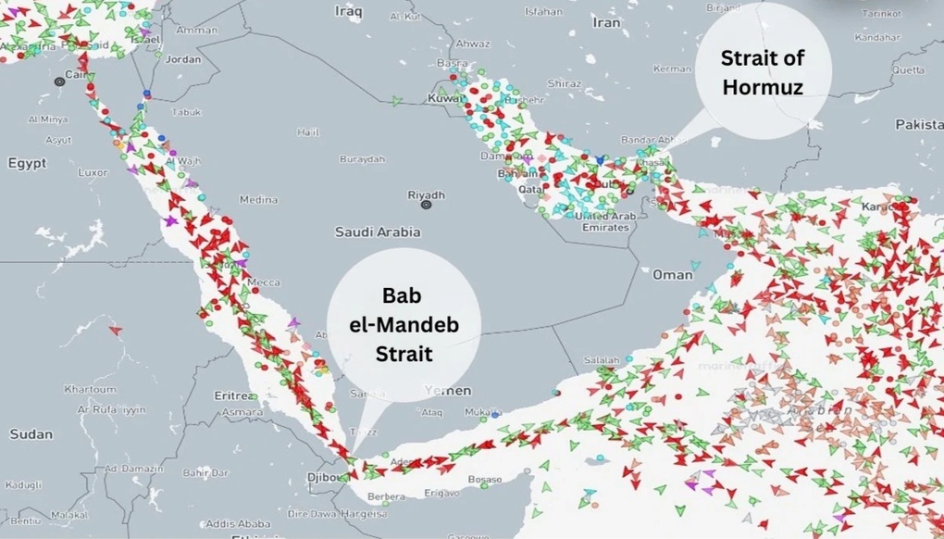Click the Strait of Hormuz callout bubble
[x=764, y=71]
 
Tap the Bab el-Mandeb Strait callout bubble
[x=403, y=323]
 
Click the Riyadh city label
[x=427, y=195]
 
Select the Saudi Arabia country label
[x=378, y=232]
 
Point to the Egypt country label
[x=27, y=163]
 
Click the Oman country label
[x=672, y=274]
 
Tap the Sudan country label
[x=31, y=433]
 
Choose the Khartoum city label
[x=90, y=389]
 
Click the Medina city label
[x=258, y=199]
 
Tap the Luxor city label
[x=93, y=172]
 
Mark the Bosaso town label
[x=484, y=480]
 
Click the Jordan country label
[x=182, y=59]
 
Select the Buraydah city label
[x=362, y=159]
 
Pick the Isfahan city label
[x=542, y=12]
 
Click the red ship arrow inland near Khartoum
[x=116, y=330]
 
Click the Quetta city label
[x=908, y=69]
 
